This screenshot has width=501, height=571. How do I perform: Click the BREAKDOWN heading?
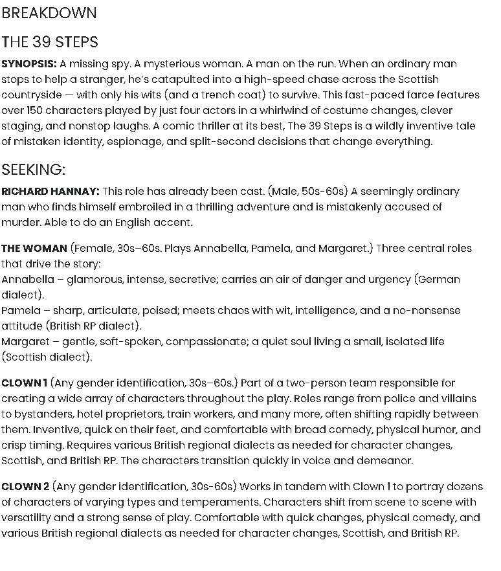pyautogui.click(x=49, y=13)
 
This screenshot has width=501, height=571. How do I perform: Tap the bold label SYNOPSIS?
pyautogui.click(x=28, y=64)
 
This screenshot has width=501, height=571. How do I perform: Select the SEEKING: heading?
pyautogui.click(x=34, y=170)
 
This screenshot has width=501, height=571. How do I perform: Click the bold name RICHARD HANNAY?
pyautogui.click(x=50, y=192)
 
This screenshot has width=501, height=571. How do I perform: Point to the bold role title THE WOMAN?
pyautogui.click(x=34, y=249)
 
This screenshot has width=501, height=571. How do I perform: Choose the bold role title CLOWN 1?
pyautogui.click(x=24, y=383)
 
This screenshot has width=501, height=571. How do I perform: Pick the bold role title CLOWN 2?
pyautogui.click(x=25, y=487)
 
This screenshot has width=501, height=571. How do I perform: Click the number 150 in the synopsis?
pyautogui.click(x=36, y=111)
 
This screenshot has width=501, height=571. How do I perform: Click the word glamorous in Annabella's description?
pyautogui.click(x=94, y=280)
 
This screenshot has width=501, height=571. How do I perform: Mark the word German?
pyautogui.click(x=440, y=280)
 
